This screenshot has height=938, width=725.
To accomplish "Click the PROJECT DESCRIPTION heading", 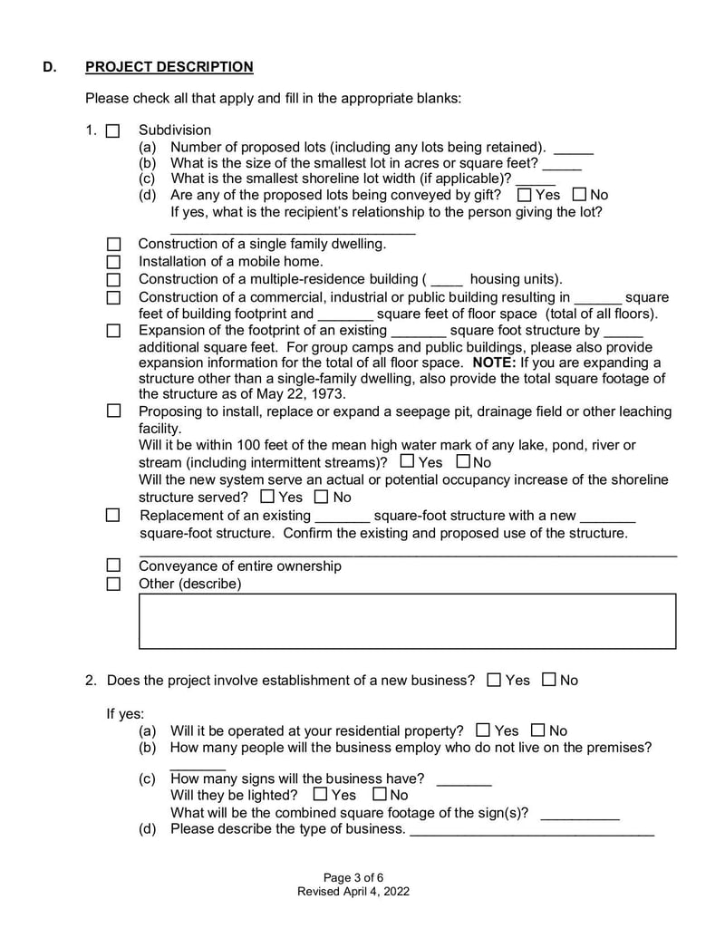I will coord(169,67).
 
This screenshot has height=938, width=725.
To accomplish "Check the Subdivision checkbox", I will coord(113,131).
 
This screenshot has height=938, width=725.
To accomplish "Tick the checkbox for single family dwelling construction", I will coord(114,245).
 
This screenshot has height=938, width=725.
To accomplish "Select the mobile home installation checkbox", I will coord(114,262).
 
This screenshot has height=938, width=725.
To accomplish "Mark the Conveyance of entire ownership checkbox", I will coord(114,566).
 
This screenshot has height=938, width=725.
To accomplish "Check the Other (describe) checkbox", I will coord(114,585).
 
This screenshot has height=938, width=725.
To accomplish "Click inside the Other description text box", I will coord(407,622).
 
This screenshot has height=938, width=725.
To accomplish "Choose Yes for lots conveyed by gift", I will coord(524,195).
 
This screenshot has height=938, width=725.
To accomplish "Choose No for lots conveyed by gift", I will coord(579,195).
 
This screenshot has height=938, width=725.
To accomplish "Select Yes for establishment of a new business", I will coord(494,681).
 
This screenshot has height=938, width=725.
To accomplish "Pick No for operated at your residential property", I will coord(538,730).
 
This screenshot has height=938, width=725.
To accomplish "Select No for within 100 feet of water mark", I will coord(464,463).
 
